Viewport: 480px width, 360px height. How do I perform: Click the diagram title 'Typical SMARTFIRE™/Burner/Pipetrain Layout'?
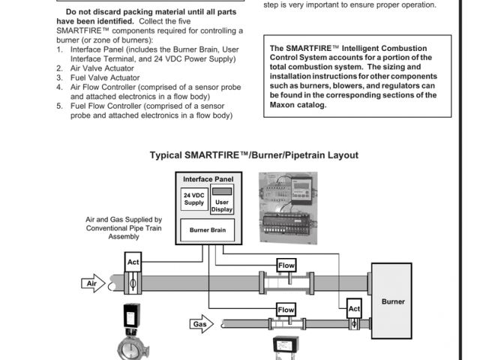253,155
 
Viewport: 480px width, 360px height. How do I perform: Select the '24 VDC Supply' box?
193,199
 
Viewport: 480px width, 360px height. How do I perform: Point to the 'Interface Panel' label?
208,180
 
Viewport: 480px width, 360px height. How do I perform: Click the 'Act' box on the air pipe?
133,262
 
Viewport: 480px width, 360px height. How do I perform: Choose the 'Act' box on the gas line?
354,308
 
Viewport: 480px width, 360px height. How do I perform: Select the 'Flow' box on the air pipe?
286,265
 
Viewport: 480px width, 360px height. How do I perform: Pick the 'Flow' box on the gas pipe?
286,309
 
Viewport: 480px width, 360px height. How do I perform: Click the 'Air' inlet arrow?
94,283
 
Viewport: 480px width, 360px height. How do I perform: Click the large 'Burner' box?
393,301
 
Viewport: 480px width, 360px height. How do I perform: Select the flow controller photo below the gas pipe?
286,347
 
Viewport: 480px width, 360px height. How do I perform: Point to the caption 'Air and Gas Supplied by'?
123,220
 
